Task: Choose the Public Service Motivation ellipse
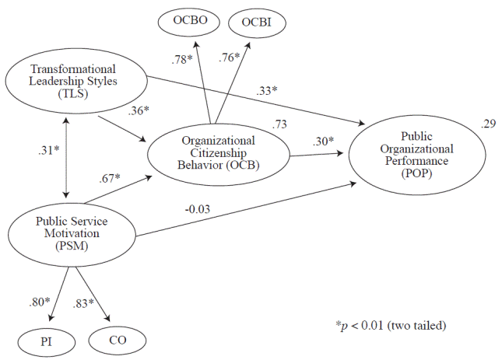pyautogui.click(x=70, y=233)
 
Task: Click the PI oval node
pyautogui.click(x=46, y=340)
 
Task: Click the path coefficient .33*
pyautogui.click(x=267, y=91)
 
